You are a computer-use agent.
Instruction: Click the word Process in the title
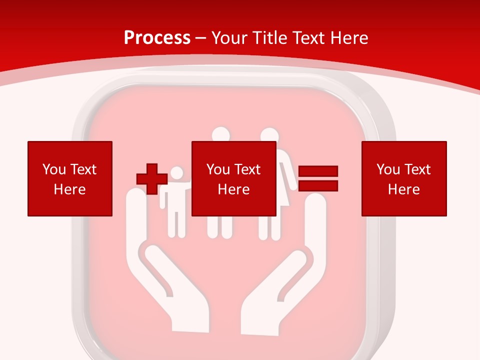pos(157,38)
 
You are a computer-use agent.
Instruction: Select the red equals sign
pos(318,178)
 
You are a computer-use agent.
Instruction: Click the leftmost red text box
pos(69,178)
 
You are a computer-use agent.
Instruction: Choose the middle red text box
pos(233,178)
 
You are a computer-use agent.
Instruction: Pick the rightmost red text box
pos(403,178)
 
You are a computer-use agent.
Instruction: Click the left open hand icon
pos(160,270)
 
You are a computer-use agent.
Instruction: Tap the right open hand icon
pos(290,270)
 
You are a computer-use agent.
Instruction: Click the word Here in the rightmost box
pos(403,189)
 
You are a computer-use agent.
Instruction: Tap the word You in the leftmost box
pos(53,169)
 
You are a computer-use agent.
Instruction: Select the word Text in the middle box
pos(247,169)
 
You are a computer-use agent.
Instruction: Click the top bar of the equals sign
pos(318,171)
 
